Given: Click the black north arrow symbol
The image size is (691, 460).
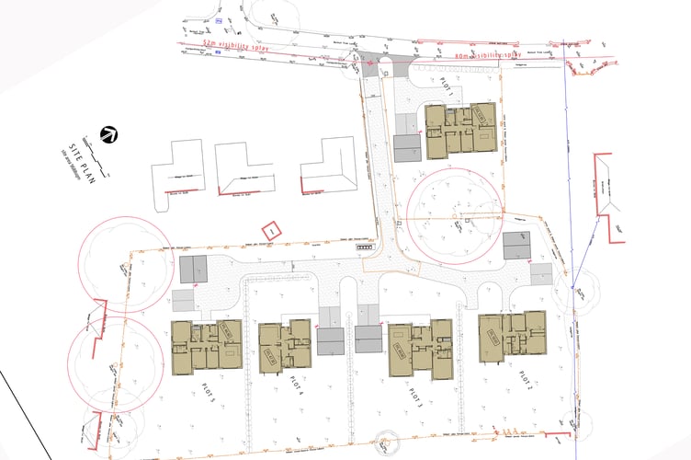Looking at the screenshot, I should pos(108,134).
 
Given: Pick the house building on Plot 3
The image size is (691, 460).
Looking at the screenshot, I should pos(421,350).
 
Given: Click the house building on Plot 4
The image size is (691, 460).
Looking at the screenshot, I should pos(286,346).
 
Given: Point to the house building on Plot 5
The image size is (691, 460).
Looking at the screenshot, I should pos(206,347).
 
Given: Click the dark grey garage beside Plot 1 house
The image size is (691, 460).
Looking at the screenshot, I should pos(407,148).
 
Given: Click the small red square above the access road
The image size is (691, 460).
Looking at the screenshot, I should pos(270,230).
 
